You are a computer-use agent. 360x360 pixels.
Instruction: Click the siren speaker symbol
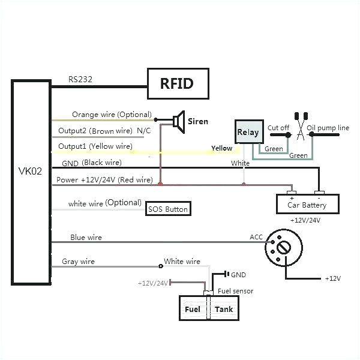click(x=178, y=121)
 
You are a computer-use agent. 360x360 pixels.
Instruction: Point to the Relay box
click(x=248, y=132)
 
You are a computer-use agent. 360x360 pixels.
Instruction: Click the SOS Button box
click(x=169, y=209)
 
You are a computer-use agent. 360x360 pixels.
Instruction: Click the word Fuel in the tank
click(x=192, y=310)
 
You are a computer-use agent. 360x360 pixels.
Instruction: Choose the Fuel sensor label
click(x=235, y=291)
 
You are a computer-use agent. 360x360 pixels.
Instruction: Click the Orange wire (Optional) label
click(x=112, y=115)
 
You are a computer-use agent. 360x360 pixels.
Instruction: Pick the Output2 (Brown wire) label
click(x=95, y=130)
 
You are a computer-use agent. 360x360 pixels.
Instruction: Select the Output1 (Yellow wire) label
click(x=95, y=146)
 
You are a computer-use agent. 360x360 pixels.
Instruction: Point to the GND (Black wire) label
click(x=91, y=163)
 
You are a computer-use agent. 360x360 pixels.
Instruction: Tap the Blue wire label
click(x=86, y=237)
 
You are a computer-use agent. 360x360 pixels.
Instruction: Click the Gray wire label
click(x=78, y=262)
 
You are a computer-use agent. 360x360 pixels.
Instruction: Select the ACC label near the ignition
click(x=257, y=237)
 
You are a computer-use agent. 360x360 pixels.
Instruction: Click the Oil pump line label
click(x=328, y=127)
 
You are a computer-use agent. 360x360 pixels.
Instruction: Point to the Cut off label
click(x=278, y=127)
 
